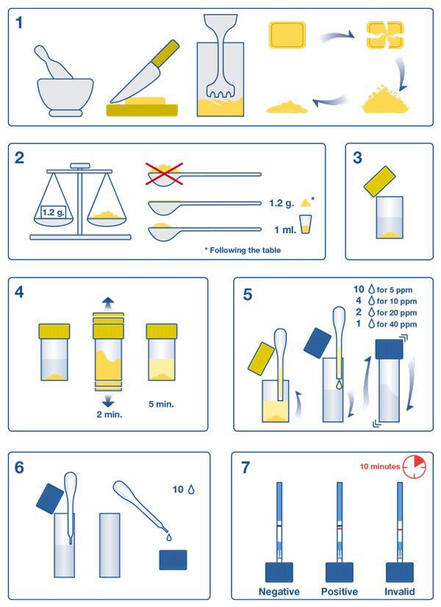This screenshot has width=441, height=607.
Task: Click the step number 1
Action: click(19, 23)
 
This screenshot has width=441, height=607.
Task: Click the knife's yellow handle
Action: click(165, 53)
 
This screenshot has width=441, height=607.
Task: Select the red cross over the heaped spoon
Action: click(164, 174)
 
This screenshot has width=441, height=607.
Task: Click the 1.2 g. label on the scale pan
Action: click(53, 212)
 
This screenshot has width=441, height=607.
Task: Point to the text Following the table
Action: click(245, 250)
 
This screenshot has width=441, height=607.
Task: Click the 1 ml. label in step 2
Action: click(285, 230)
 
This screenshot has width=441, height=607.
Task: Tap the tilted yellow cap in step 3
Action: click(379, 181)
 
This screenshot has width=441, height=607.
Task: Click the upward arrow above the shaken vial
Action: click(108, 303)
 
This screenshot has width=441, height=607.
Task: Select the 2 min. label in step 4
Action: click(110, 414)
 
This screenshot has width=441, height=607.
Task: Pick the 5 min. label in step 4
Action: click(161, 404)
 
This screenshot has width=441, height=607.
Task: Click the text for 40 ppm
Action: click(396, 324)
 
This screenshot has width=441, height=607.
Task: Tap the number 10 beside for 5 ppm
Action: click(359, 289)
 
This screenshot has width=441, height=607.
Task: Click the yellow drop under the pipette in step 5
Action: click(340, 384)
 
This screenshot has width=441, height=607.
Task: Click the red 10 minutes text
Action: click(380, 466)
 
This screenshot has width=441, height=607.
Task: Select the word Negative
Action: click(279, 592)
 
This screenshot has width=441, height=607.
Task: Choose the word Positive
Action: click(340, 592)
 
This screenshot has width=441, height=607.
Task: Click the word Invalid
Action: click(400, 592)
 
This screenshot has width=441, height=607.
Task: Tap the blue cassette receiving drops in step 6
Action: click(173, 560)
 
